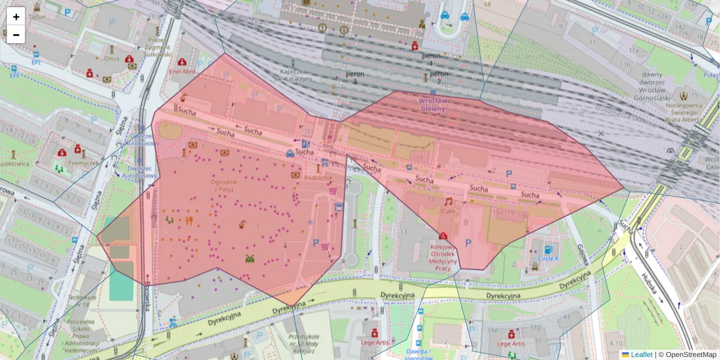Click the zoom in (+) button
pyautogui.click(x=16, y=16)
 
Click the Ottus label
pyautogui.click(x=112, y=59)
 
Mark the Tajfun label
pyautogui.click(x=38, y=18)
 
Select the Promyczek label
pyautogui.click(x=83, y=162)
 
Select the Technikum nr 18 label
pyautogui.click(x=82, y=302)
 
